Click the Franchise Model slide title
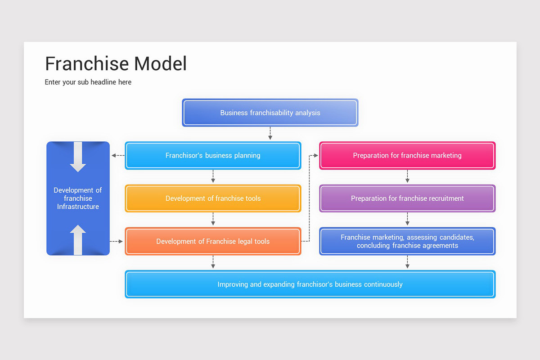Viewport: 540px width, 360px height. point(116,64)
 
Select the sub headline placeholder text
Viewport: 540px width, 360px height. point(88,82)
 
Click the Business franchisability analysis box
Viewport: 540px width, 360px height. point(270,112)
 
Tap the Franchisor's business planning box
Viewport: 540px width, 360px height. point(213,156)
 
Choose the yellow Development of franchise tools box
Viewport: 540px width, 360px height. point(213,198)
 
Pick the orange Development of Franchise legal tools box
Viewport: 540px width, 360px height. point(213,242)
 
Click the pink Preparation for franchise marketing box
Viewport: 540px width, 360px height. point(407,156)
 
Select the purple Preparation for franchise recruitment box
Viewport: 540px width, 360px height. point(407,198)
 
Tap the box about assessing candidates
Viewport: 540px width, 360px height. point(407,242)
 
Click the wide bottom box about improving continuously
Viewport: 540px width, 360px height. point(310,284)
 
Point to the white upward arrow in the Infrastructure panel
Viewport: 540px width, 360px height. point(78,240)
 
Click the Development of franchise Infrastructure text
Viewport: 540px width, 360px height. point(78,198)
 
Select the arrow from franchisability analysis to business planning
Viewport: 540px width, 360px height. point(270,134)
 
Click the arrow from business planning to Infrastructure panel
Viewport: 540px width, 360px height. point(117,156)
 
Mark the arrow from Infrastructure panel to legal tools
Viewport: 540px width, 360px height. point(117,242)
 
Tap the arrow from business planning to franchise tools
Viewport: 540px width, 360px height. point(213,176)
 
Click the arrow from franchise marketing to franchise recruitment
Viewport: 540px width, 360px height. point(407,176)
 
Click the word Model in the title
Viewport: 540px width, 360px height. point(161,64)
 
